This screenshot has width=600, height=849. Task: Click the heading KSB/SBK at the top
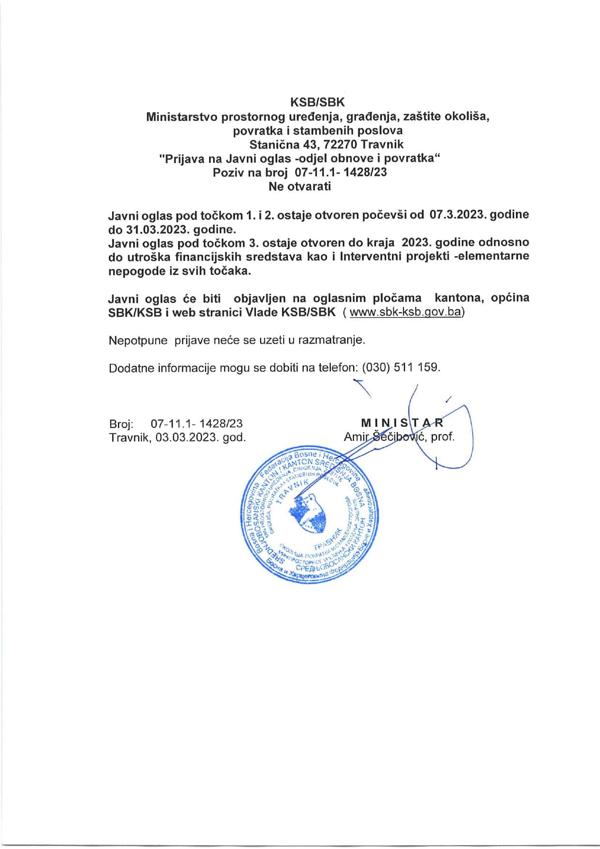[x=317, y=103]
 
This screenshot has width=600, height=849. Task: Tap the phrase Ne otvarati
[x=300, y=186]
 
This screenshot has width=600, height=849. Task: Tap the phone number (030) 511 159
[x=401, y=367]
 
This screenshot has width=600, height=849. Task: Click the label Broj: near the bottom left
[x=121, y=424]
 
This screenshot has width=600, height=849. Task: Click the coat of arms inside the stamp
[x=308, y=511]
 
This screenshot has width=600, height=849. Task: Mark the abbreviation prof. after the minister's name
[x=443, y=437]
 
